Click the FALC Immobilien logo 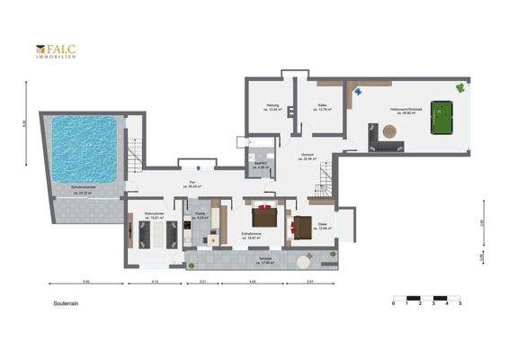[x=56, y=51]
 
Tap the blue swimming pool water [x=86, y=148]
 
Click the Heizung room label [x=272, y=107]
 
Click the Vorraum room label [x=308, y=155]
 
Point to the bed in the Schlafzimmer [x=263, y=216]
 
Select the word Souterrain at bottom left [x=67, y=304]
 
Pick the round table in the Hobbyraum [x=388, y=131]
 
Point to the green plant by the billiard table [x=460, y=87]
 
